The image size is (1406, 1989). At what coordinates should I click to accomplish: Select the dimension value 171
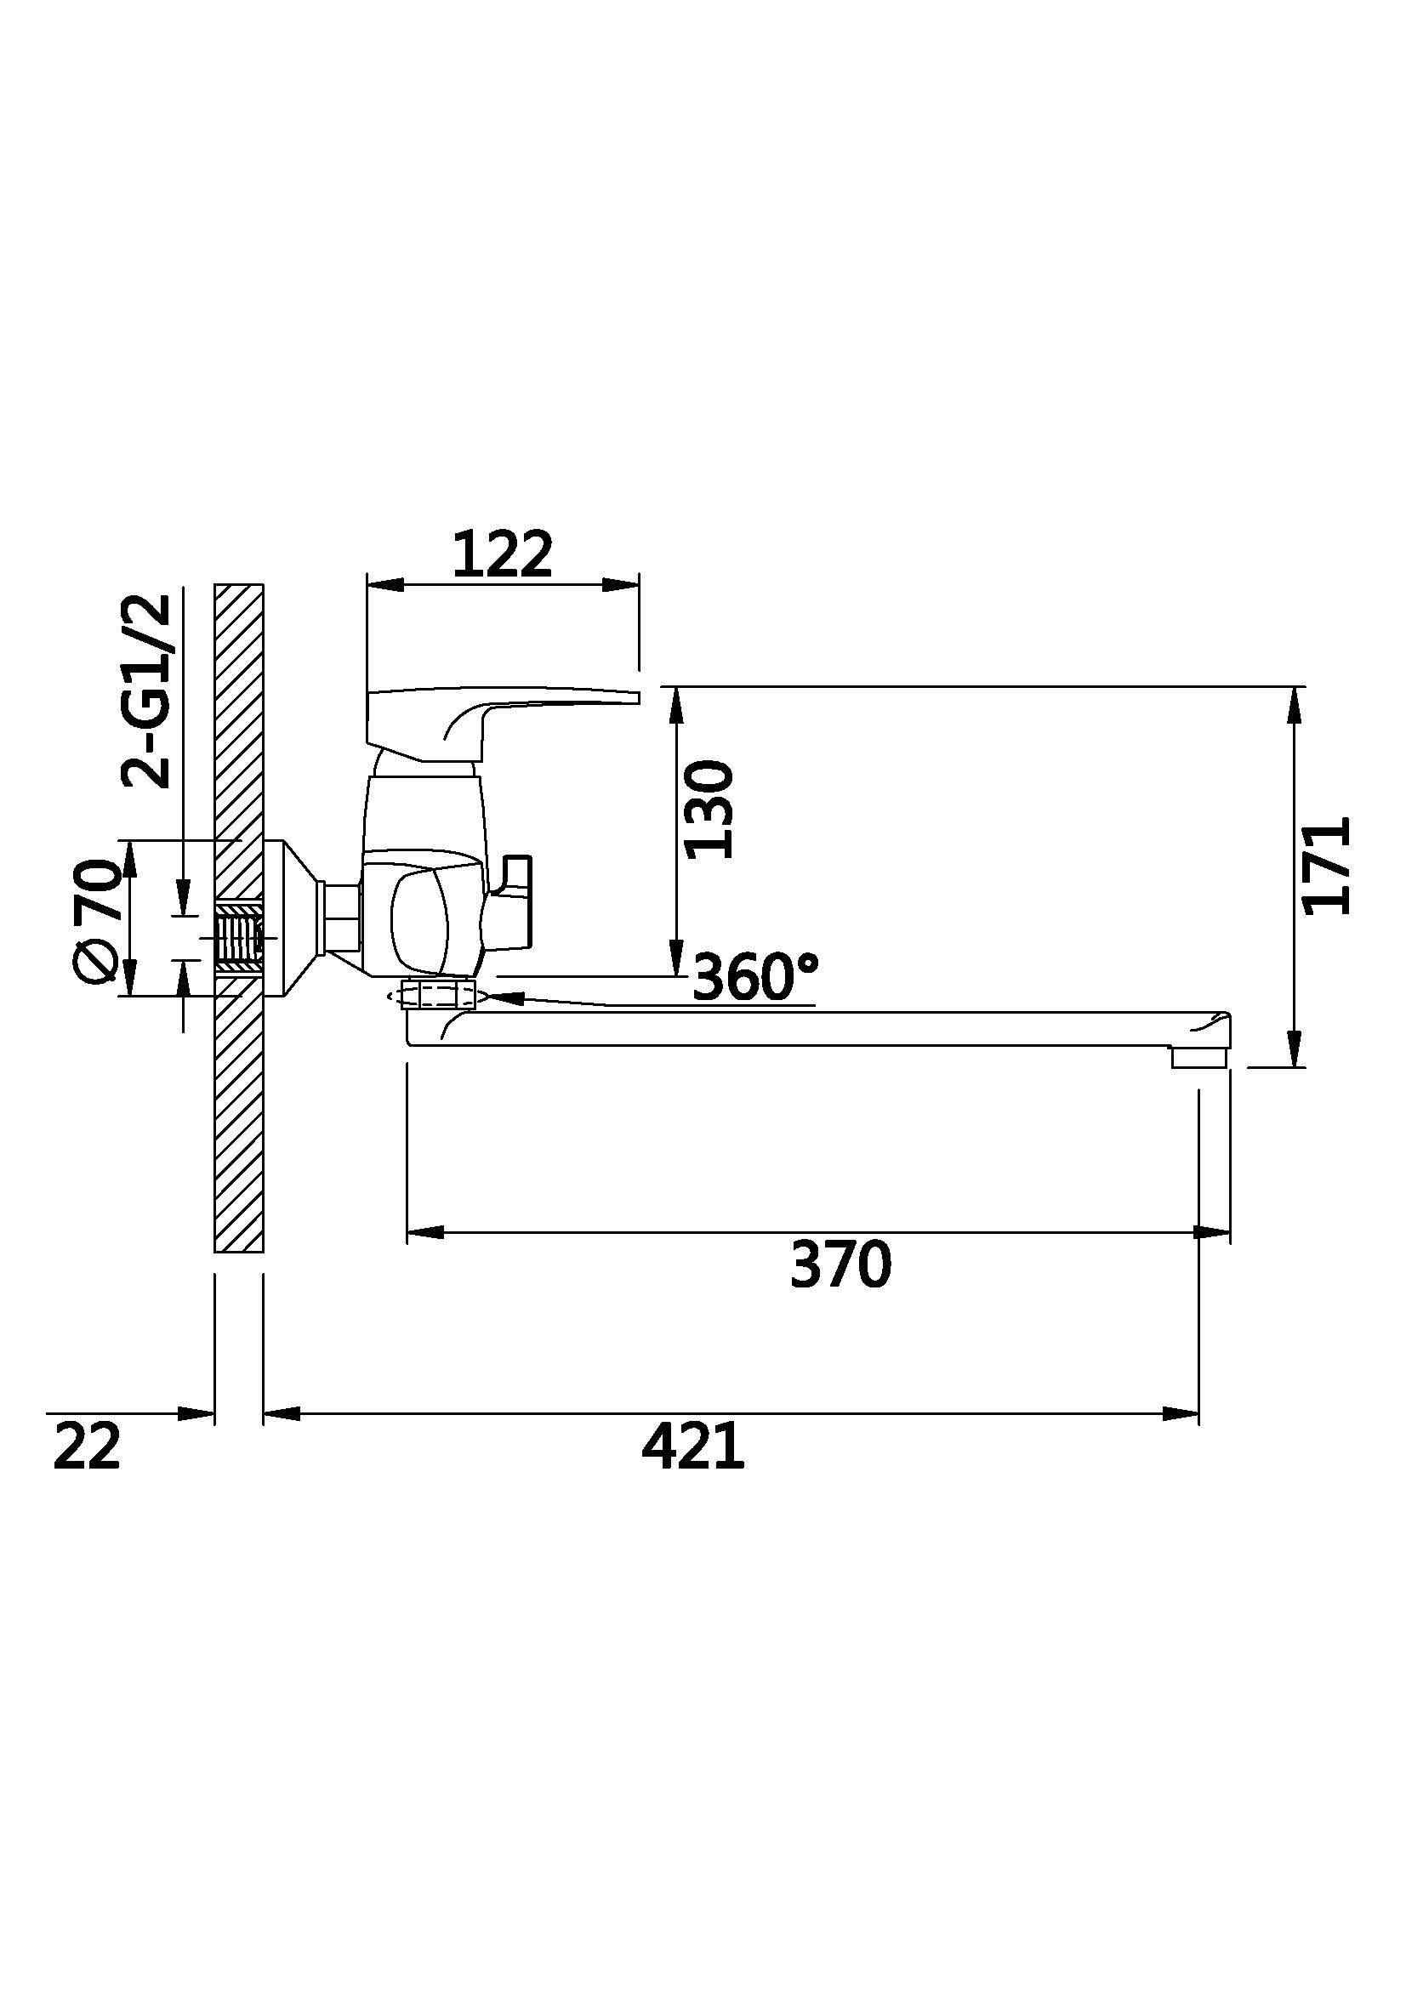(1326, 866)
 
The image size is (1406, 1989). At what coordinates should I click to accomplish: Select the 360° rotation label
(755, 976)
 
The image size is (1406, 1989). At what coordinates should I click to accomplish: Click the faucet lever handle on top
(503, 716)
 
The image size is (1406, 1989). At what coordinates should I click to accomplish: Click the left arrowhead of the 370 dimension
(424, 1232)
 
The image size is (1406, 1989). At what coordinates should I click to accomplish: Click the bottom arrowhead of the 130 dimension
(675, 958)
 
